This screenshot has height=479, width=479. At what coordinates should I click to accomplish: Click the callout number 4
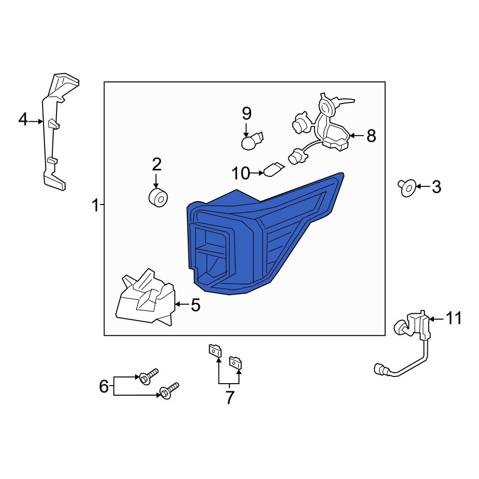[x=23, y=119]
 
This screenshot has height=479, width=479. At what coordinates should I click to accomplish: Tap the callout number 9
[x=247, y=114]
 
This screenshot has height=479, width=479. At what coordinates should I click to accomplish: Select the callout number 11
[x=454, y=319]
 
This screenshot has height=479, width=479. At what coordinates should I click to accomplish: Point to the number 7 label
[x=229, y=397]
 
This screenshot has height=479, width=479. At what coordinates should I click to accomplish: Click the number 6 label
[x=104, y=387]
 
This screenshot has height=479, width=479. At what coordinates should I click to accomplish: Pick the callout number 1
[x=95, y=205]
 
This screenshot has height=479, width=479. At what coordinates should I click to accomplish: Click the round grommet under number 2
[x=158, y=198]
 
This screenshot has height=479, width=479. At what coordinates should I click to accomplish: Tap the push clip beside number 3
[x=407, y=188]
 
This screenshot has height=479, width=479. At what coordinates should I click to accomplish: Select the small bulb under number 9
[x=251, y=141]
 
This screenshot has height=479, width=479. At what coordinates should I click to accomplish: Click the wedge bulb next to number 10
[x=274, y=170]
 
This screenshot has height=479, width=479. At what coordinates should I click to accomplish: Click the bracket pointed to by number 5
[x=146, y=298]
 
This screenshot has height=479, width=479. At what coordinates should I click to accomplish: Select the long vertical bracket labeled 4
[x=56, y=131]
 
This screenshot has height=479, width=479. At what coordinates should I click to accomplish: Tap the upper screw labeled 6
[x=148, y=376]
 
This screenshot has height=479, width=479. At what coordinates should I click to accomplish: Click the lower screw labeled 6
[x=170, y=391]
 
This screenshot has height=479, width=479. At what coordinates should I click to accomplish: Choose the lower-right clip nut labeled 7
[x=236, y=363]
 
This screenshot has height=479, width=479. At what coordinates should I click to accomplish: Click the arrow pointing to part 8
[x=356, y=136]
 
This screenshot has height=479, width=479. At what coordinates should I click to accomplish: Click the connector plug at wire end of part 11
[x=380, y=369]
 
